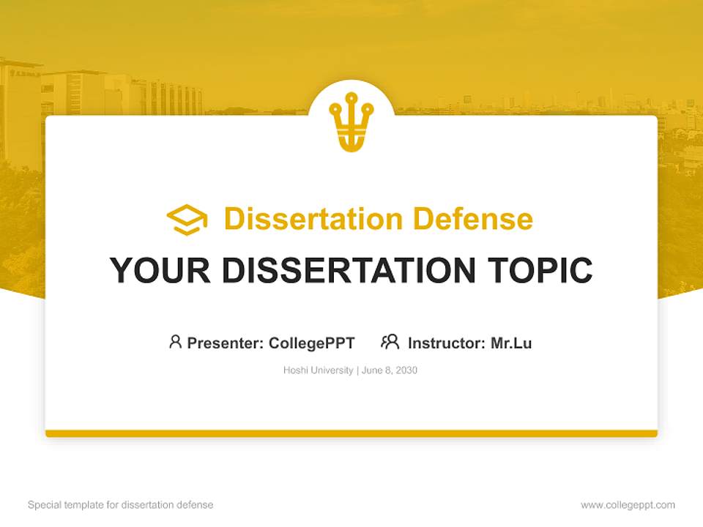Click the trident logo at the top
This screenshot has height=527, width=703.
pos(351,120)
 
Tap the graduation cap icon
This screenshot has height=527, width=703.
pos(187,220)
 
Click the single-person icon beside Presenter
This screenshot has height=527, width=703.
pos(175,342)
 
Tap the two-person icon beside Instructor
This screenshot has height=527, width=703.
pos(390,342)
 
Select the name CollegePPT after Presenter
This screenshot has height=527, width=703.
pos(312,343)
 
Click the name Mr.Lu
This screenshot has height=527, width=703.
pos(511,343)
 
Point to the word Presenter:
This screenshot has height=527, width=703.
pos(226,343)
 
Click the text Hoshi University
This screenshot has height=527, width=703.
pos(319,370)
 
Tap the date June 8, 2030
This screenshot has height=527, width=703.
pos(390,370)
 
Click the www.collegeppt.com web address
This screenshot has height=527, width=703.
pos(628,505)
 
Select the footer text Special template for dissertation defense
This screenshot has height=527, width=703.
pos(121,505)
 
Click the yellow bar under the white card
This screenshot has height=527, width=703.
pos(351,433)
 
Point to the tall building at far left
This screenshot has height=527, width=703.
pos(18,110)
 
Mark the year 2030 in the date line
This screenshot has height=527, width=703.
pos(405,370)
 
